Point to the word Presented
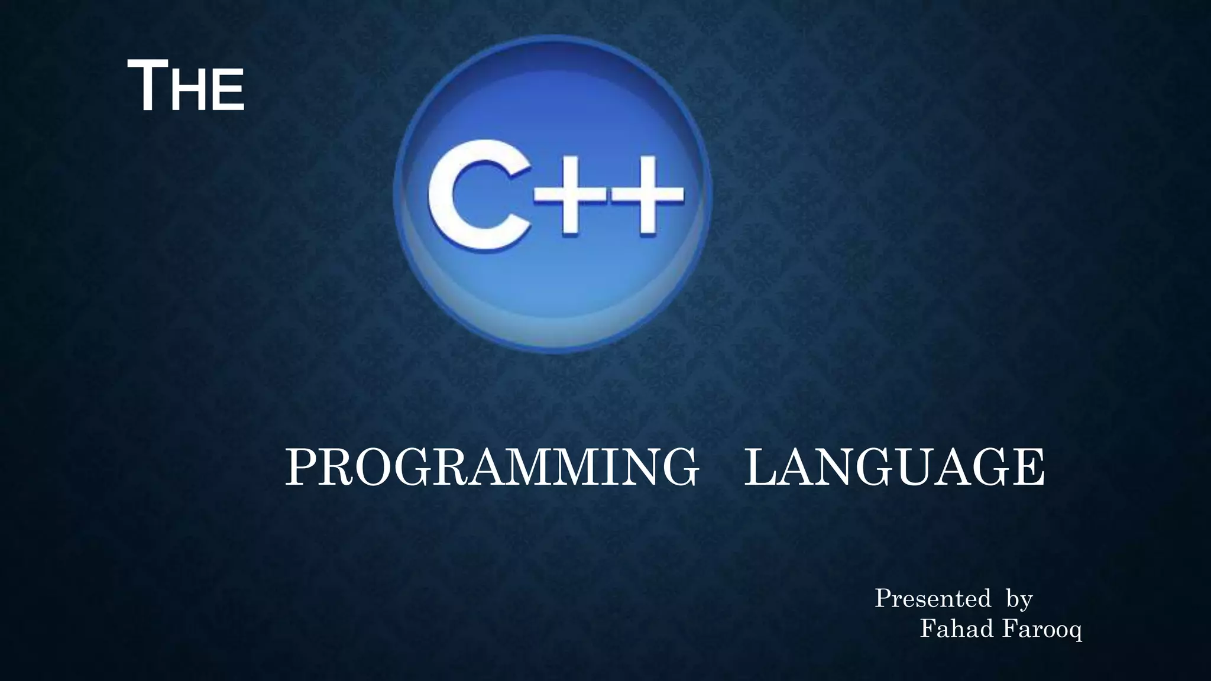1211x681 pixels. pyautogui.click(x=932, y=599)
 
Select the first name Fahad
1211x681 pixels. pyautogui.click(x=957, y=629)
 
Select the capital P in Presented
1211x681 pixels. pyautogui.click(x=883, y=598)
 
